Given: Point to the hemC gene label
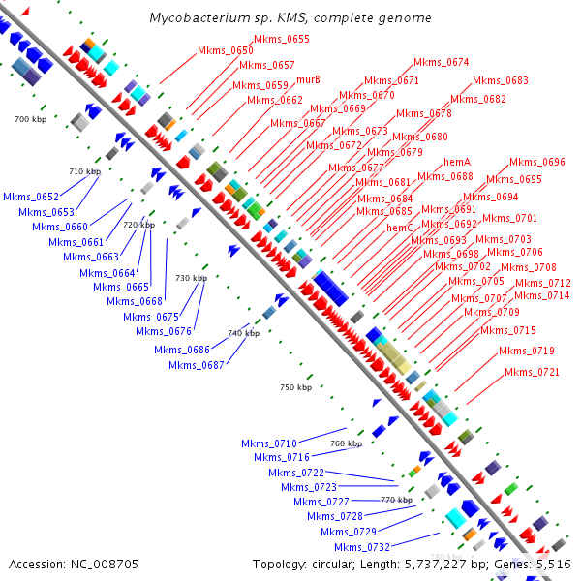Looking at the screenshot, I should (x=400, y=228).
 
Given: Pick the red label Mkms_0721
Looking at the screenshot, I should (x=532, y=372).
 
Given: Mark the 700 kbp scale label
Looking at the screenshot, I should (x=31, y=118).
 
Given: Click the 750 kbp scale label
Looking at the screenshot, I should (x=295, y=387).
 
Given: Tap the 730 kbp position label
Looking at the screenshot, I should (x=191, y=278).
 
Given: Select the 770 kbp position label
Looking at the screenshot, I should (x=397, y=500).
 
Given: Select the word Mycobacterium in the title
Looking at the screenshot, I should (x=198, y=18).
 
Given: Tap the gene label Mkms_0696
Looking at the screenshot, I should (x=537, y=162).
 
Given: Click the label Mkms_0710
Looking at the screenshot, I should (x=269, y=443).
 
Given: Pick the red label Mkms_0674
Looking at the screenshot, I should (x=442, y=62).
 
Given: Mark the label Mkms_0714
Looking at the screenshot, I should (x=542, y=295).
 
